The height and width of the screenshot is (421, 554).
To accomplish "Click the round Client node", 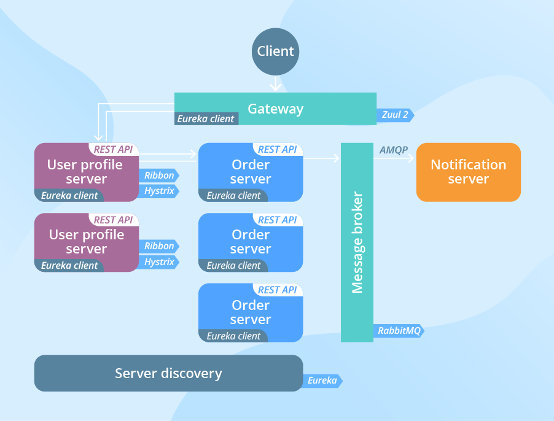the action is tap(275, 52).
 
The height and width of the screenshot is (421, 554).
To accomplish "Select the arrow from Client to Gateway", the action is tap(275, 83).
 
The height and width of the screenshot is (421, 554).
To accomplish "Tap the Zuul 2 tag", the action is tap(395, 115).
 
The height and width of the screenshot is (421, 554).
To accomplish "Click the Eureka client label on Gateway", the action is tap(206, 119).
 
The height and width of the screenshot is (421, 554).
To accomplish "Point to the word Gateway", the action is tap(276, 109).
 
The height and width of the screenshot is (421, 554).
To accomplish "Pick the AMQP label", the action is tap(394, 150).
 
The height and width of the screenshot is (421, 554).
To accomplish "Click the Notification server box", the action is tap(469, 172).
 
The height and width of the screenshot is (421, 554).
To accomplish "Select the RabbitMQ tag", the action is tap(399, 331).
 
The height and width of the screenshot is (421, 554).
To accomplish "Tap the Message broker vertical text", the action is tap(357, 242).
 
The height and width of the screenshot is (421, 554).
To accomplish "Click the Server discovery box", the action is tap(168, 373).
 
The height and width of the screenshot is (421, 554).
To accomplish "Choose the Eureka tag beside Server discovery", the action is tap(322, 380).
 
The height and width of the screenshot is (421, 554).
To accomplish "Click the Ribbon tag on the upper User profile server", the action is tap(159, 176).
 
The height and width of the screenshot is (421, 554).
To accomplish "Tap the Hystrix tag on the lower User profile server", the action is tap(159, 262).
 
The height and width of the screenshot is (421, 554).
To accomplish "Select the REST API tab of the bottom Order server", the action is tap(278, 290).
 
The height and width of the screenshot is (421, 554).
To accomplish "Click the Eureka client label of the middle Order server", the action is tap(233, 265).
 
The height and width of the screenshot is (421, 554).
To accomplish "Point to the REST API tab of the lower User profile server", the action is tap(114, 220).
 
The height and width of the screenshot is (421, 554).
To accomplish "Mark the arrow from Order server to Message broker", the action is tap(321, 158).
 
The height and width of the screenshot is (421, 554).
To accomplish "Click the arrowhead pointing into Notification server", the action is tap(411, 158).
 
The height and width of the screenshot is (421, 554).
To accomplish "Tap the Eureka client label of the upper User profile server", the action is tap(69, 196).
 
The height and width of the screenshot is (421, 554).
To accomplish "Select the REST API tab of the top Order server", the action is tap(278, 150).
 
